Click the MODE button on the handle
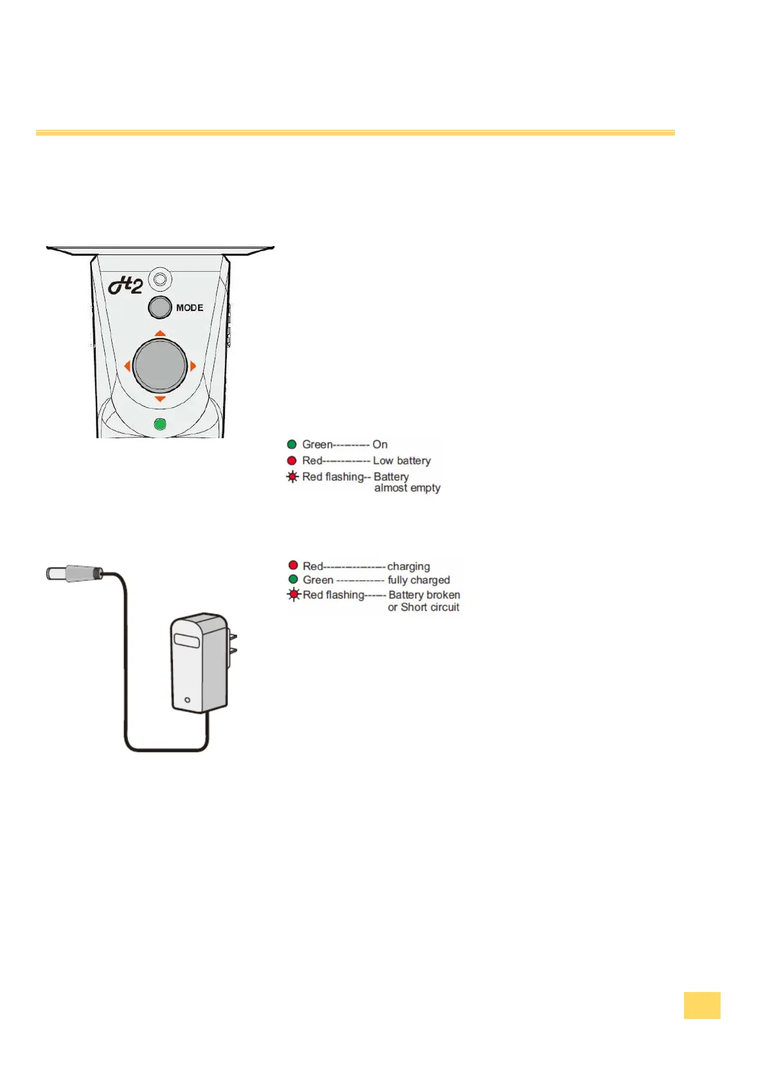click(x=159, y=307)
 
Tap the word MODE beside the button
click(x=190, y=308)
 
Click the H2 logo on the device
click(x=125, y=285)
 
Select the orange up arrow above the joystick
click(x=160, y=333)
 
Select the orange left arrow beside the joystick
click(x=127, y=366)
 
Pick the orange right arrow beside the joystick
click(x=193, y=366)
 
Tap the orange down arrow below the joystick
click(x=160, y=399)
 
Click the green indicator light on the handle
click(x=160, y=424)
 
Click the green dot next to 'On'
click(x=292, y=444)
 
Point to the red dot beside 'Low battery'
click(x=292, y=460)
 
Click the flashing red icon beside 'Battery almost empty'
click(x=292, y=477)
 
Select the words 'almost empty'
click(x=407, y=488)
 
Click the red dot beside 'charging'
click(x=293, y=565)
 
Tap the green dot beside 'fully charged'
click(x=293, y=580)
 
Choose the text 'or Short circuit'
click(x=423, y=607)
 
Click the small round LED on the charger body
click(x=187, y=700)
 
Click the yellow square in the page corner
click(x=701, y=1005)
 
